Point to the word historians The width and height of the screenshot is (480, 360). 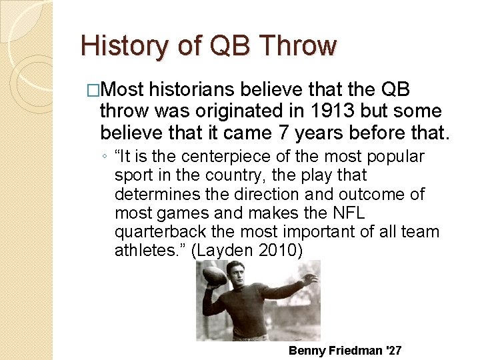195,90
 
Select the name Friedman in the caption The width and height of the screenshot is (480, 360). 354,350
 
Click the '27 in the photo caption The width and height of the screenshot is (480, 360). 393,350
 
